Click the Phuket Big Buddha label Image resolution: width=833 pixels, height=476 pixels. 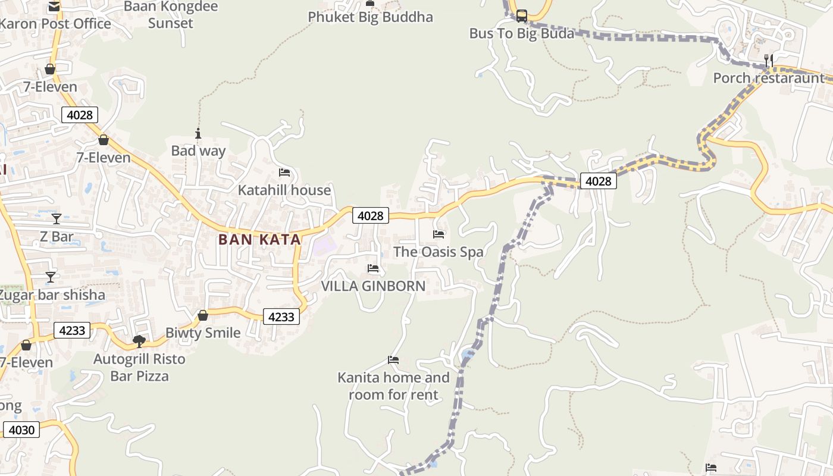point(370,17)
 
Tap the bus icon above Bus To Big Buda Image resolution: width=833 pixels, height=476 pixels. point(521,16)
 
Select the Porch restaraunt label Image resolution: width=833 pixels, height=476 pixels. point(769,78)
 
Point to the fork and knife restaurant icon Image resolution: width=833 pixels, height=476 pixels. point(768,60)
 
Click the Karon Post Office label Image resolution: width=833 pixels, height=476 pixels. point(55,24)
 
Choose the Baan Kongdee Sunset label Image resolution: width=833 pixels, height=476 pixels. point(171,15)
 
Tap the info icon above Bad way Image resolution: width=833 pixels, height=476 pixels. point(198,133)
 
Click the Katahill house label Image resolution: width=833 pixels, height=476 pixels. point(284,190)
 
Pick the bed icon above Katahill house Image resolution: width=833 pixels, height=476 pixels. point(284,173)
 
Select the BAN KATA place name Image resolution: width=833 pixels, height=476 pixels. point(259,240)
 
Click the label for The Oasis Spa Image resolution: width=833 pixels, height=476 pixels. point(439,252)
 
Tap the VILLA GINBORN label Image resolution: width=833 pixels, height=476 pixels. point(373,286)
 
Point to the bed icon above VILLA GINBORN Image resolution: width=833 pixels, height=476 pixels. point(373,268)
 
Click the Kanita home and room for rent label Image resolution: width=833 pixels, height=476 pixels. point(393,386)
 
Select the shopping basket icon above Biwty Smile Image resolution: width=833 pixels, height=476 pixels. point(203,315)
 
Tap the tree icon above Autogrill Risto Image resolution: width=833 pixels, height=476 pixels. point(139,341)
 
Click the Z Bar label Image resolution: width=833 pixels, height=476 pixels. point(57,237)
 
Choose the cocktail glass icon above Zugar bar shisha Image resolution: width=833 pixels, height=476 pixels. point(51,277)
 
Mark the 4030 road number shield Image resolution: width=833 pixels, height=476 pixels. point(21,430)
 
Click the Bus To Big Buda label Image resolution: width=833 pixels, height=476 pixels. point(522,33)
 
